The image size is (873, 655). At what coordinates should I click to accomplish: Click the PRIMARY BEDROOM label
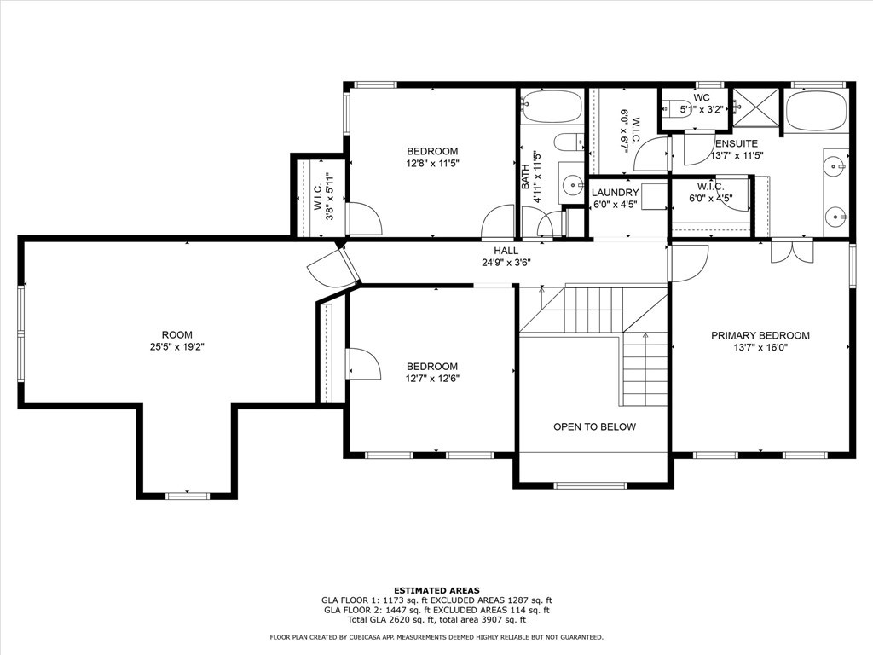(760, 335)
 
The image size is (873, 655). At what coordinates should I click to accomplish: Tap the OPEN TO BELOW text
(594, 426)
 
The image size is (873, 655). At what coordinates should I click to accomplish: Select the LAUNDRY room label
(615, 193)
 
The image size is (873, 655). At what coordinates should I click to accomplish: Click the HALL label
(506, 251)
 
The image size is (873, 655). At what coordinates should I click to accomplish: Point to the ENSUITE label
(736, 143)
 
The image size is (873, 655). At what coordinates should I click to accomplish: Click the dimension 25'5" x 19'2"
(177, 346)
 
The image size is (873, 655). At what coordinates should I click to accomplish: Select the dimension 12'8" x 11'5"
(432, 163)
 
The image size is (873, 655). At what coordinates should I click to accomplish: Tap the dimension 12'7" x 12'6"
(432, 379)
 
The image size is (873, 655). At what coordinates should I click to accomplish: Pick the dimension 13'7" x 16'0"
(760, 348)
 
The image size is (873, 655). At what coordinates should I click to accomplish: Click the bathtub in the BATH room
(552, 107)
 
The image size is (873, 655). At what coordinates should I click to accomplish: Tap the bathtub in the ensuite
(817, 110)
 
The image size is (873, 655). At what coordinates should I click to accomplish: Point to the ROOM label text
(177, 334)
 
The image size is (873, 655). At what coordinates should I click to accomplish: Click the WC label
(702, 97)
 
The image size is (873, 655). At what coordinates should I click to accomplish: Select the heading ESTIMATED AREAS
(436, 590)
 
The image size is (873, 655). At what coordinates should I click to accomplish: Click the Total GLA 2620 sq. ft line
(436, 619)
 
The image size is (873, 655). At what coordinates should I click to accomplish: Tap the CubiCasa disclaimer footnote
(436, 636)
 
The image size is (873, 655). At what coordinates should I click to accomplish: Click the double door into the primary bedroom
(792, 250)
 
